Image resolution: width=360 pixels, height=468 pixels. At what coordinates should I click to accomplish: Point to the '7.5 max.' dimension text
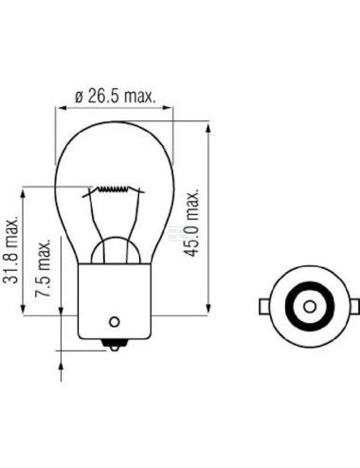(x=43, y=270)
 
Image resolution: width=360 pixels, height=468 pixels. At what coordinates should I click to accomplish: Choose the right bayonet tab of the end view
(x=352, y=306)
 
